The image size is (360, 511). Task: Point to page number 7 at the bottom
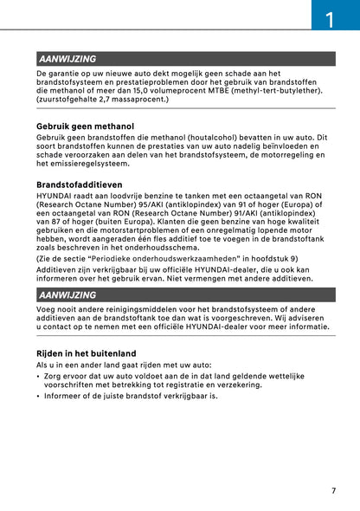tap(333, 491)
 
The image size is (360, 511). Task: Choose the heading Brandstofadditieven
tap(80, 184)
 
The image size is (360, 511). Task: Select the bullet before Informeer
tap(39, 396)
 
